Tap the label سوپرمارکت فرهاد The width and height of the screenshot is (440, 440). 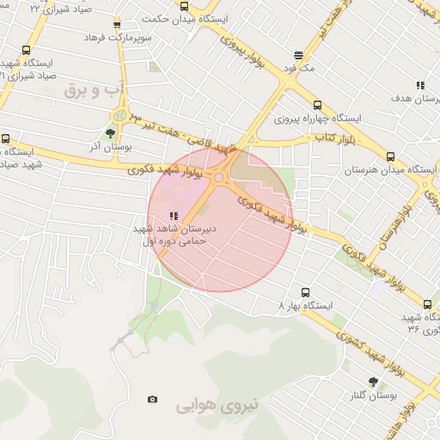(118, 39)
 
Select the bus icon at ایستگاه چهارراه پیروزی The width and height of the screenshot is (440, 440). (317, 104)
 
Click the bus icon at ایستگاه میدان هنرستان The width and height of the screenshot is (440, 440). (391, 156)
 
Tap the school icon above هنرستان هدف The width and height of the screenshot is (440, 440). (420, 85)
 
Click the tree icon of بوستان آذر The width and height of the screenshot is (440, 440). (109, 133)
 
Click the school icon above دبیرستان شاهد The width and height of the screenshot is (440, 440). (174, 217)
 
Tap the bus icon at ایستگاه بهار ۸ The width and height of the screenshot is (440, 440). (303, 291)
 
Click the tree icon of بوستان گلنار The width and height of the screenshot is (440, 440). (372, 381)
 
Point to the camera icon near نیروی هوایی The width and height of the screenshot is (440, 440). (153, 399)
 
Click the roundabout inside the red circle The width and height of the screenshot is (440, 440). (219, 178)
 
